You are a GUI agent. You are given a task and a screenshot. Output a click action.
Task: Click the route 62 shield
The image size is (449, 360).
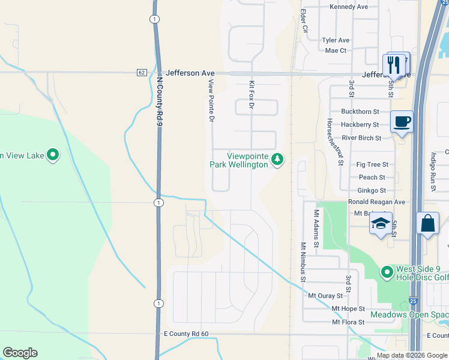[x=141, y=73]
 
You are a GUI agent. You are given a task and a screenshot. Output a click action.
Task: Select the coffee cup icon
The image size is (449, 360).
[x=402, y=122]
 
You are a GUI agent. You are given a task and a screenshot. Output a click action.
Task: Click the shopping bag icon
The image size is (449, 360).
[x=428, y=223]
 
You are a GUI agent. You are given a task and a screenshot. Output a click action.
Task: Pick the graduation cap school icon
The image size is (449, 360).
[x=381, y=224]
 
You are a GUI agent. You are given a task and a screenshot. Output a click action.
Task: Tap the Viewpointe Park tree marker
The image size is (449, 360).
[x=277, y=160]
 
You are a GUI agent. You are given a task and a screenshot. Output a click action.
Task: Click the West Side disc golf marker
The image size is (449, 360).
[x=387, y=273]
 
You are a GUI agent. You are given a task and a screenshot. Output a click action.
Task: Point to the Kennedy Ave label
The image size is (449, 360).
[x=349, y=7]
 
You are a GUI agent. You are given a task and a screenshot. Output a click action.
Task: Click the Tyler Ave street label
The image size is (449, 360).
[x=336, y=40]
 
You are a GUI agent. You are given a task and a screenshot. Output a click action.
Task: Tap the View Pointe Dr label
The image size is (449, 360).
[x=211, y=101]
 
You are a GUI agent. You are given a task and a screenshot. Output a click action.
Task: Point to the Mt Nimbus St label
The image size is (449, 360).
[x=303, y=262]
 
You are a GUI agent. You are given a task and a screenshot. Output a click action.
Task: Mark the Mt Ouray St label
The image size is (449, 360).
[x=325, y=296]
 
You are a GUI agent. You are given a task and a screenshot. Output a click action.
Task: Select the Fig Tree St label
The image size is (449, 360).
[x=372, y=164]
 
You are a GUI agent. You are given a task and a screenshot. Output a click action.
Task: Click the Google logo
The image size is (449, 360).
[x=20, y=353]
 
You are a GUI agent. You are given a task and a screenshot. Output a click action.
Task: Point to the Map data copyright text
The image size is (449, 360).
[x=411, y=355]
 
